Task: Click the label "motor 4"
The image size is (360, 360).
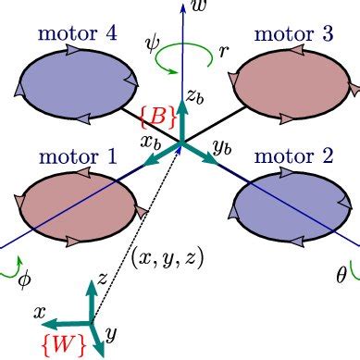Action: tap(77, 35)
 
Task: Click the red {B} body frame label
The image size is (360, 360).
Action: tap(153, 116)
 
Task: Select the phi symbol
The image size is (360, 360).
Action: tap(25, 277)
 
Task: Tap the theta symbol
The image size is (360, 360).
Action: tap(341, 275)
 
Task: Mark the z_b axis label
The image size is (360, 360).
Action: tap(193, 94)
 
